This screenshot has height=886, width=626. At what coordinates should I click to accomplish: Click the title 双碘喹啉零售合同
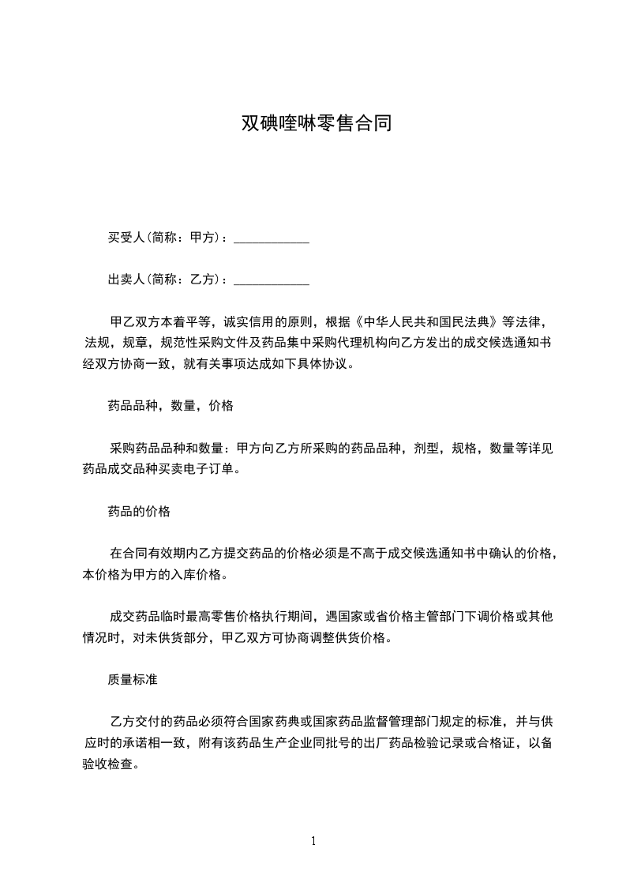316,124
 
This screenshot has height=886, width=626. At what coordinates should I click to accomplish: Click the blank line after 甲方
272,238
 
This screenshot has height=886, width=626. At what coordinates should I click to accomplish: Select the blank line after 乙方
272,280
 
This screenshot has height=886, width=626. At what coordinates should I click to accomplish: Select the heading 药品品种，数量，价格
171,406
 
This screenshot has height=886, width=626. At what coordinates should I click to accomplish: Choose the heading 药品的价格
139,511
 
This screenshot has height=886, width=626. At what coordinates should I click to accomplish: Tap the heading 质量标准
133,678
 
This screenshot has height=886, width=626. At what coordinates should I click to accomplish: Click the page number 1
313,841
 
